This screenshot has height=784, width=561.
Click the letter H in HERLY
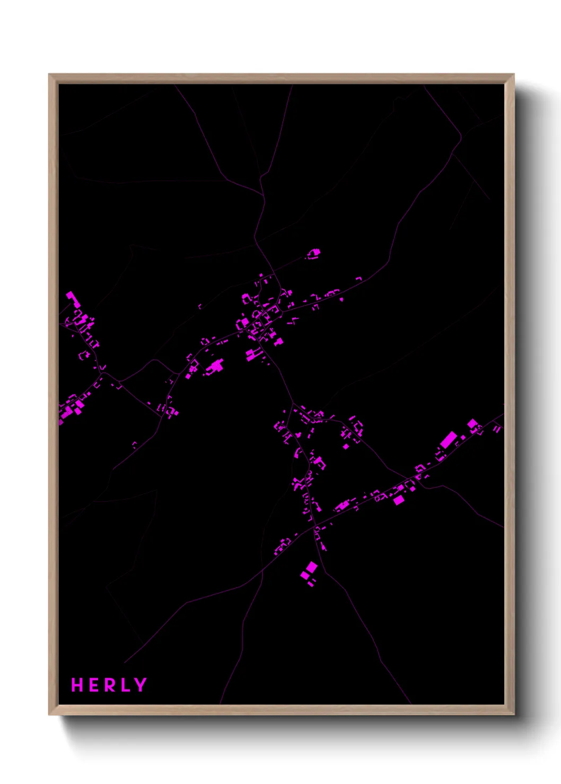tap(77, 685)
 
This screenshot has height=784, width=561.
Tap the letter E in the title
tap(94, 685)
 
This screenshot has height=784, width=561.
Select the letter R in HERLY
tap(109, 685)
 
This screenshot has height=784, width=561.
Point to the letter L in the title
tap(125, 685)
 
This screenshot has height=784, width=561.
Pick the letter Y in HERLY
tap(141, 685)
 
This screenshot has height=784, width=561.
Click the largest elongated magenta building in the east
tap(448, 440)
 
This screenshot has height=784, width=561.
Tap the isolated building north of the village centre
tap(314, 254)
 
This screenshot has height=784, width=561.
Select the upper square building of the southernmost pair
tap(312, 567)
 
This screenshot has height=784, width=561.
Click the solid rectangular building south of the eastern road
tap(399, 500)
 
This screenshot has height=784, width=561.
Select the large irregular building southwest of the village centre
tap(215, 366)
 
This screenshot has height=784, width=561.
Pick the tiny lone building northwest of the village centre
tap(200, 306)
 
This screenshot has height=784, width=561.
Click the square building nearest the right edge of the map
tap(472, 424)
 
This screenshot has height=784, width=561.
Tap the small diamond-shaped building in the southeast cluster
tap(346, 447)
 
